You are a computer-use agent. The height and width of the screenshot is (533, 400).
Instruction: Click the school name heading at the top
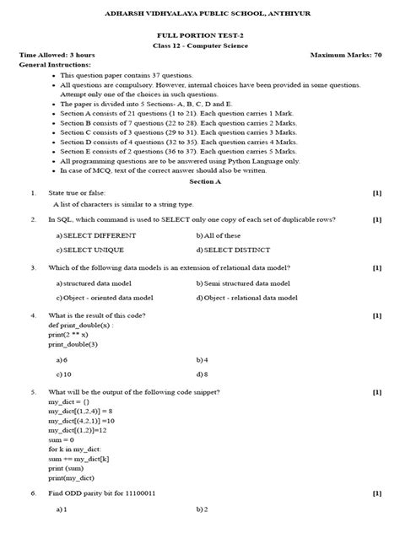(199, 13)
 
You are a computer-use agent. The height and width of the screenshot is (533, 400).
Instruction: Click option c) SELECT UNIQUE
(89, 250)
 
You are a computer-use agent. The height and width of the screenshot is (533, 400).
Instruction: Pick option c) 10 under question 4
(64, 374)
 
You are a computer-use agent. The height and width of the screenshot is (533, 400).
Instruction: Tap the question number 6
(33, 492)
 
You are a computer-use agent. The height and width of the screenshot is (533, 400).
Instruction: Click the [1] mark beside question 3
(377, 268)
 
